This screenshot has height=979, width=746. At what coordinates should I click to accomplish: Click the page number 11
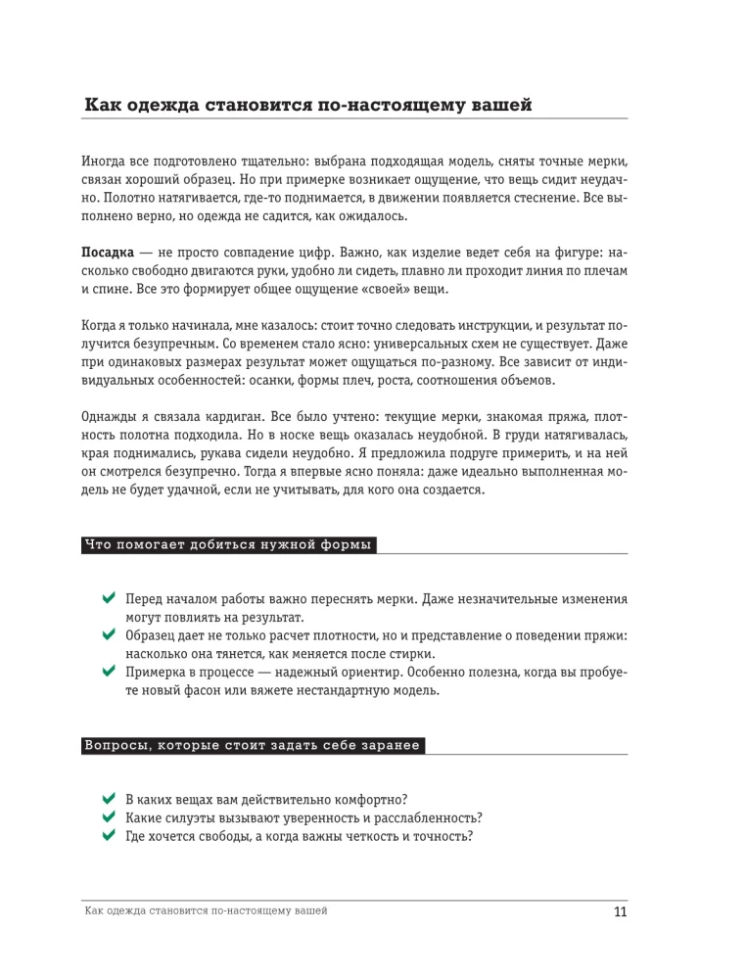point(619,913)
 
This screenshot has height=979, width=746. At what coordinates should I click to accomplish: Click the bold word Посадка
point(107,252)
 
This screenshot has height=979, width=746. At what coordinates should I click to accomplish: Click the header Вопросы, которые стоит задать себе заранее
point(253,746)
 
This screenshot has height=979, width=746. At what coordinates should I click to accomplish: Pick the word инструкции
point(468,326)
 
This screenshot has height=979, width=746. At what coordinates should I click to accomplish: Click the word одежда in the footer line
point(128,911)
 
